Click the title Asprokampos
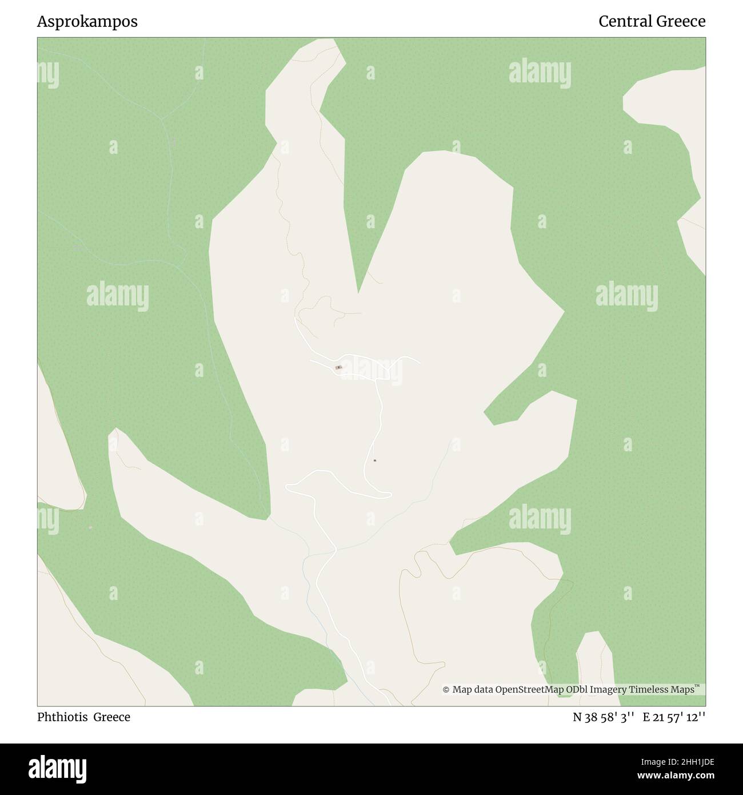(x=87, y=22)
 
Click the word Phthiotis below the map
(x=63, y=717)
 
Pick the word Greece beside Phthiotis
(x=112, y=717)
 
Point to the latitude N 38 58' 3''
(x=604, y=717)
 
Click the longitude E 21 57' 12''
(x=674, y=717)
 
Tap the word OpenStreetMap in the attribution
(x=529, y=690)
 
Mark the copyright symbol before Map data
(x=446, y=690)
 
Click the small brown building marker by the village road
(x=338, y=367)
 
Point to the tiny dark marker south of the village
(x=374, y=460)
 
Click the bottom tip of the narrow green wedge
(x=358, y=292)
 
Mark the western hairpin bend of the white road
(x=287, y=486)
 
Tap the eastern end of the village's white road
(x=420, y=363)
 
